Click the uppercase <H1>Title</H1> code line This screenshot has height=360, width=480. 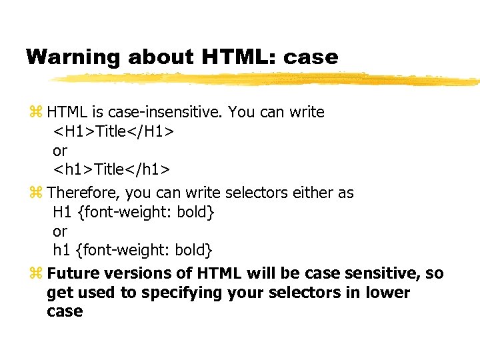pos(114,131)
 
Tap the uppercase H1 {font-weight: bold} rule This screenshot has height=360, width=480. pos(133,212)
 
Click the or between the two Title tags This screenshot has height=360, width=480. pos(60,151)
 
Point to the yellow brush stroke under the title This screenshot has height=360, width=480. pos(267,79)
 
